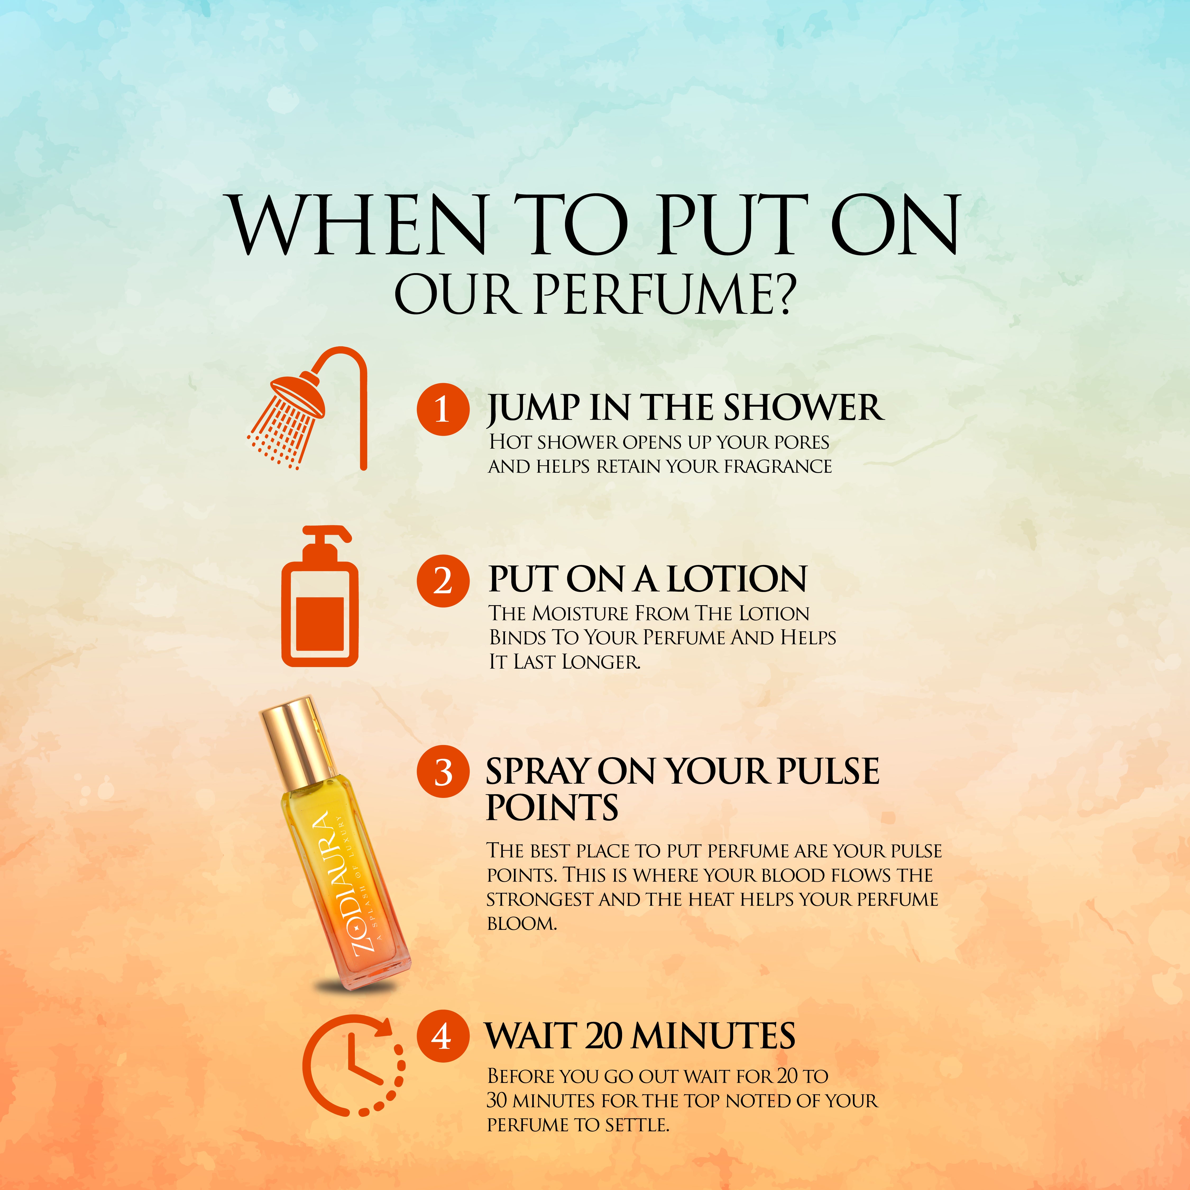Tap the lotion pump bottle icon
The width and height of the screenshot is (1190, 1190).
(320, 596)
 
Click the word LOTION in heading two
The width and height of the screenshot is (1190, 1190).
(737, 579)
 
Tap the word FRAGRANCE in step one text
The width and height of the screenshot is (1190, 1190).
(778, 466)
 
